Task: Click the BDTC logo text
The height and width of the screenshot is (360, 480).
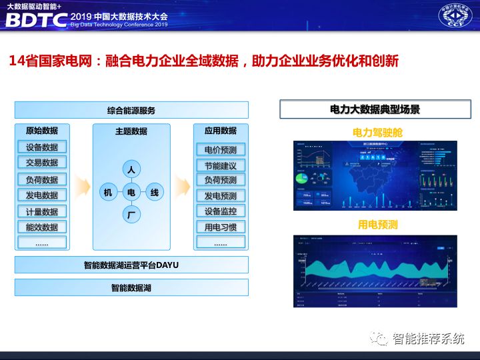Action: coord(37,20)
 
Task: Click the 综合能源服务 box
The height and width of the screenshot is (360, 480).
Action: coord(131,110)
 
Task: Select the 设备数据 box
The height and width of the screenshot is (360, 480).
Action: coord(42,147)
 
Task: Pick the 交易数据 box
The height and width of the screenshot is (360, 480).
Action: coord(42,163)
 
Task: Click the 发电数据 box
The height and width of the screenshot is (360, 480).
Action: coord(42,195)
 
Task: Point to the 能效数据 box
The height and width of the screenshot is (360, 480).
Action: coord(42,227)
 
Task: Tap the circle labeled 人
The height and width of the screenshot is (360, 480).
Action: coord(131,170)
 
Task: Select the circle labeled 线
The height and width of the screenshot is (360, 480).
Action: coord(154,193)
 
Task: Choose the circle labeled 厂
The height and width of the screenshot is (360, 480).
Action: coord(131,215)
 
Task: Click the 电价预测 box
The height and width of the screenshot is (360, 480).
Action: coord(221,149)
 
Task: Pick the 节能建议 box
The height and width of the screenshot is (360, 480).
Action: coord(221,165)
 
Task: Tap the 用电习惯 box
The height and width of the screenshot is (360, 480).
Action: coord(221,227)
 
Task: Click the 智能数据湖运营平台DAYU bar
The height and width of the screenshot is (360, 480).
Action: coord(131,265)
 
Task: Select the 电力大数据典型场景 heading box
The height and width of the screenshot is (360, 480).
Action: coord(375,109)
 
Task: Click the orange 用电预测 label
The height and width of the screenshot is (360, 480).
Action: coord(377,225)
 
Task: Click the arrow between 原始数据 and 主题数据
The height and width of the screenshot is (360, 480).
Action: coord(81,184)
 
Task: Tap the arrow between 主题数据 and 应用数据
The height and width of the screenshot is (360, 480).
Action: coord(181,184)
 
